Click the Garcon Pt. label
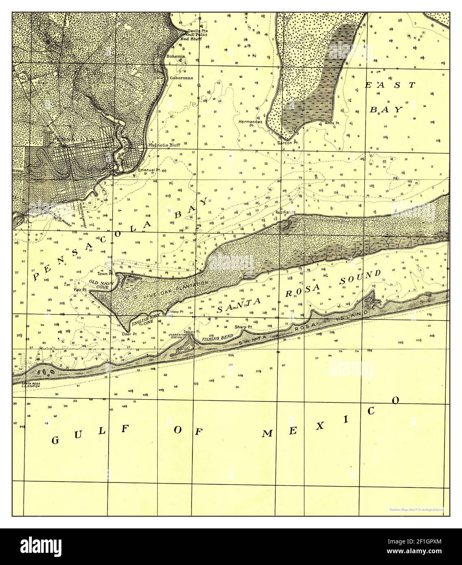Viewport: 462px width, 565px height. (x=285, y=143)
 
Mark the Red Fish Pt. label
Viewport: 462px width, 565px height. (x=285, y=212)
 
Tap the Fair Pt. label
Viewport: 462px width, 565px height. (x=81, y=290)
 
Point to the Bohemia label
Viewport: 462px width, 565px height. (x=176, y=56)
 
